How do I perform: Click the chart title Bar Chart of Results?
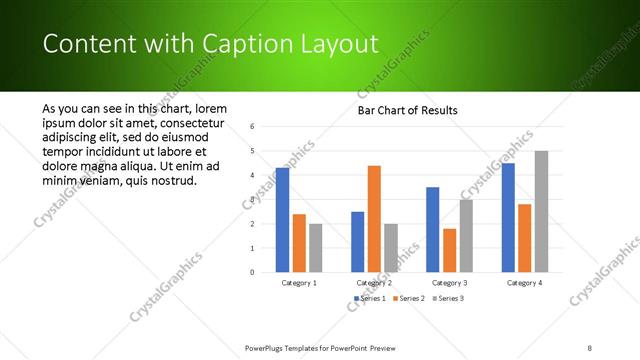407,110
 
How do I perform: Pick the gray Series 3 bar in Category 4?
541,211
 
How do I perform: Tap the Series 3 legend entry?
447,298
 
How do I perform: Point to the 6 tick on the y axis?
253,127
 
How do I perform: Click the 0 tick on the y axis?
253,272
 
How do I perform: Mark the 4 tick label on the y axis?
253,175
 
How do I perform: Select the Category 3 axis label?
449,283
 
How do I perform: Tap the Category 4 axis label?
524,283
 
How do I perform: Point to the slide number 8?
590,348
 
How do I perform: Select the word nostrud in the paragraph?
174,181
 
